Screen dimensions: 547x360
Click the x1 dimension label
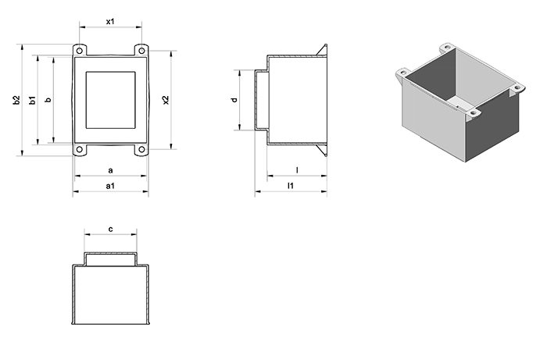click(110, 21)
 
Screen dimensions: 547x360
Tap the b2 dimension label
click(16, 101)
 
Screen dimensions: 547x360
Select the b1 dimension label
click(33, 101)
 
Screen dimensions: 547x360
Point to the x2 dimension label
click(166, 100)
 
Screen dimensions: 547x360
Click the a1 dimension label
click(110, 186)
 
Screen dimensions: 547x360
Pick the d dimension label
click(234, 100)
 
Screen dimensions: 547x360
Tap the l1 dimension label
click(290, 185)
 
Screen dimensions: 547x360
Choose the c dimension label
click(111, 229)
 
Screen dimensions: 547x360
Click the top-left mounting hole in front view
click(80, 51)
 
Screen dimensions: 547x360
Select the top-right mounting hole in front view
click(141, 51)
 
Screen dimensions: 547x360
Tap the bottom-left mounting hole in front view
click(80, 150)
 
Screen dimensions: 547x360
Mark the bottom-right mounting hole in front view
click(141, 150)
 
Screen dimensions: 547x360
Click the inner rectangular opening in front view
click(111, 101)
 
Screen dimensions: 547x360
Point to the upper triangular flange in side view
click(323, 51)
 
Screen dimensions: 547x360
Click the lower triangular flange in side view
click(323, 150)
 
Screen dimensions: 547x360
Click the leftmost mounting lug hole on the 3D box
click(403, 73)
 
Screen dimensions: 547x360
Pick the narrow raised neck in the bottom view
click(111, 258)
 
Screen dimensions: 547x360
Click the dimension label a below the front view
click(111, 170)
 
